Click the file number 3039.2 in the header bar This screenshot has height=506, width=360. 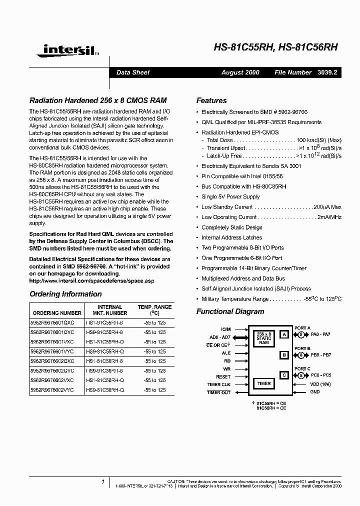point(327,72)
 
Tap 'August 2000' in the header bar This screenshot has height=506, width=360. point(240,72)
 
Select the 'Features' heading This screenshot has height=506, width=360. point(211,100)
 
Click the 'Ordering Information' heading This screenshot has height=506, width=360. point(65,294)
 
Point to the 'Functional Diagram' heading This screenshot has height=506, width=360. point(230,311)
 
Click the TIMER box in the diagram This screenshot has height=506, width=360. point(264,383)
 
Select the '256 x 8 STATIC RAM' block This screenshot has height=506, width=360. point(264,338)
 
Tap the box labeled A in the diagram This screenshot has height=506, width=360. point(284,334)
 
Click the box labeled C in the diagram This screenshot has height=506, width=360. point(284,375)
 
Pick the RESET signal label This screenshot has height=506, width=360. point(223,376)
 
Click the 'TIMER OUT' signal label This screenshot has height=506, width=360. point(219,392)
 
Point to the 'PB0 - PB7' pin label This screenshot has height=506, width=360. point(320,354)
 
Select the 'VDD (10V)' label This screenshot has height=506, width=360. point(320,384)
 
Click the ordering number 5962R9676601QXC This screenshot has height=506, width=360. point(52,322)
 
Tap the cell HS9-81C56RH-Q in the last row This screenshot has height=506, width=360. point(105,389)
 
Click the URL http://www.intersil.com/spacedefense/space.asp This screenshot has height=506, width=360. point(92,281)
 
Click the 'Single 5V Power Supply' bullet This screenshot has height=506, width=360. point(230,196)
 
